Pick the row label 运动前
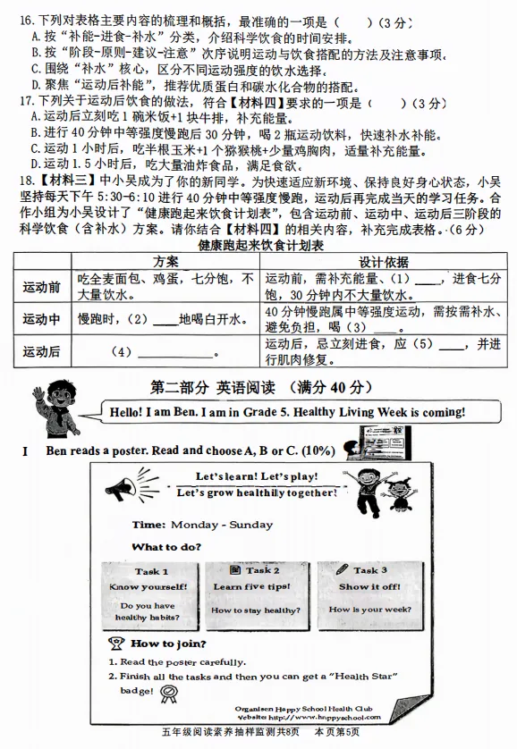click(x=42, y=287)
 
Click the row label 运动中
click(x=42, y=319)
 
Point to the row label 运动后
click(x=42, y=351)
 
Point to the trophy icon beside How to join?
click(x=116, y=643)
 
